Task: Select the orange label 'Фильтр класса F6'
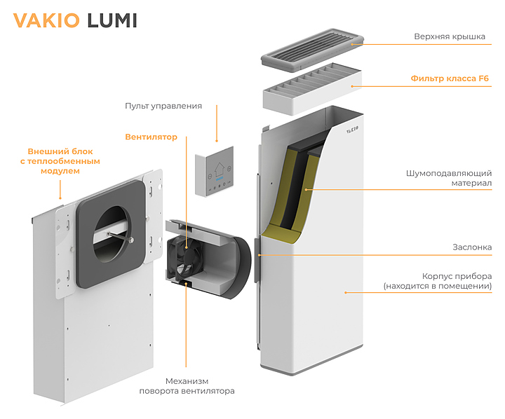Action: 450,78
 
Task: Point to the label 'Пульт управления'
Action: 163,106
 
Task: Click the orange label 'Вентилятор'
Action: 151,137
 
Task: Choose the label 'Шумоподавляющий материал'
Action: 449,178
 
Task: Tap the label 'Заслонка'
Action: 472,247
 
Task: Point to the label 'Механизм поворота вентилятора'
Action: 187,385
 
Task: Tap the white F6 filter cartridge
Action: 312,91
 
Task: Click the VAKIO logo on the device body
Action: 351,129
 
